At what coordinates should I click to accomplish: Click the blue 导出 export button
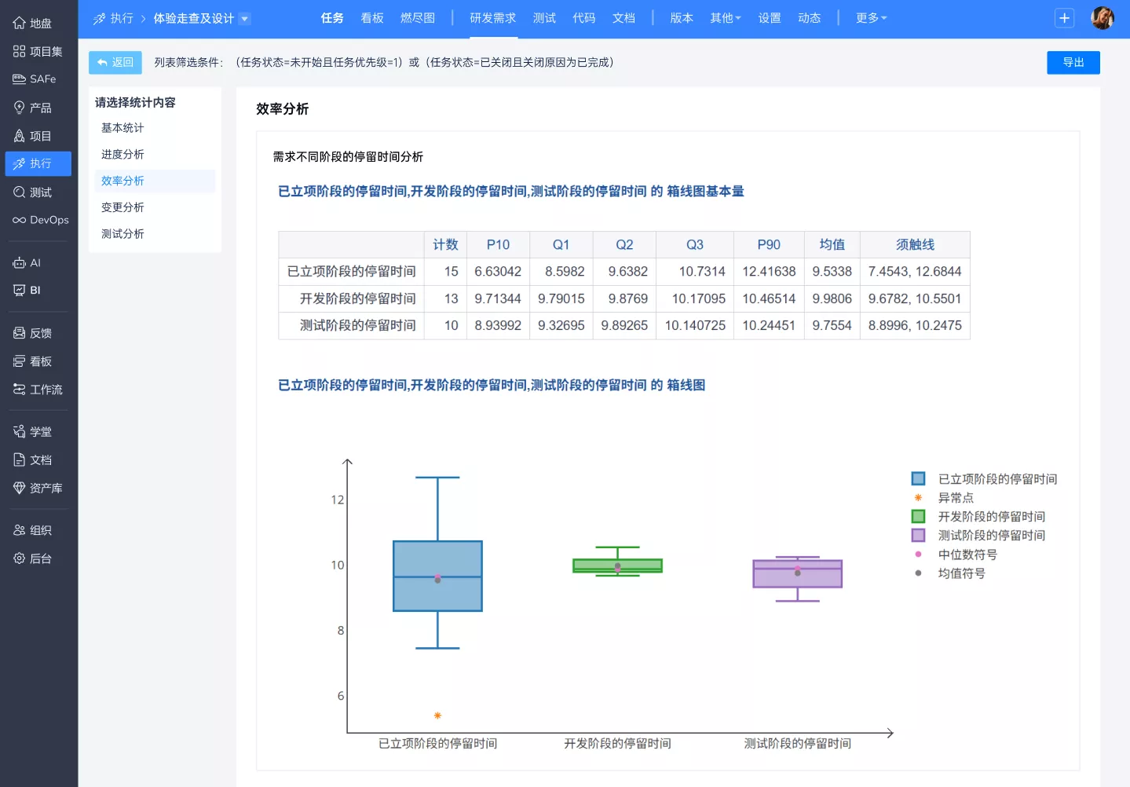[1073, 63]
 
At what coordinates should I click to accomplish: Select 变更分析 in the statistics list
[123, 207]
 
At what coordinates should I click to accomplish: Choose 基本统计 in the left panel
[123, 128]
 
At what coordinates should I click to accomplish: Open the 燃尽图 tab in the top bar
[417, 18]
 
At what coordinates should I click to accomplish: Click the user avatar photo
[1103, 18]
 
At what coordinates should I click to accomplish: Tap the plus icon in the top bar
[1064, 18]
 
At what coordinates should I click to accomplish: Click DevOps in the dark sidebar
[40, 220]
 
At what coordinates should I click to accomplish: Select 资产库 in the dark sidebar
[38, 488]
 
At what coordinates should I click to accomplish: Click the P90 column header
[769, 245]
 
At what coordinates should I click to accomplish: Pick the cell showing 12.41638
[769, 272]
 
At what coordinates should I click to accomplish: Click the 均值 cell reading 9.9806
[832, 298]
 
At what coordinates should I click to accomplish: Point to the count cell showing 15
[451, 272]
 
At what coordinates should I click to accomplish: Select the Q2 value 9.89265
[624, 325]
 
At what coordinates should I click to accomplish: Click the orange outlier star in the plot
[437, 716]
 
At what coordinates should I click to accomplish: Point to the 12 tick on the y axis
[337, 500]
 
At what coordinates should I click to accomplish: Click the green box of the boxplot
[617, 566]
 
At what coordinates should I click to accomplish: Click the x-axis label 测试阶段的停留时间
[798, 744]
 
